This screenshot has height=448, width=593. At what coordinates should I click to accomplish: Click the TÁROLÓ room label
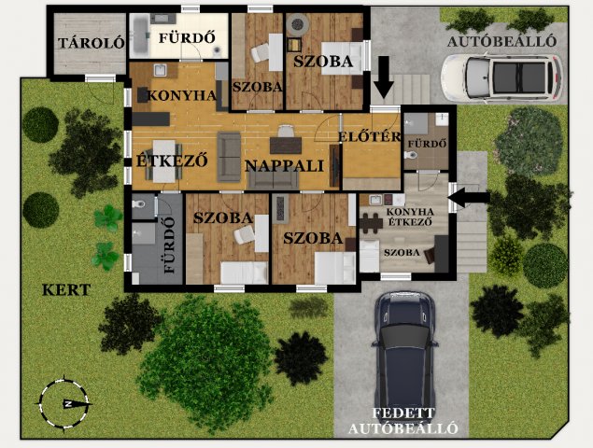click(x=92, y=43)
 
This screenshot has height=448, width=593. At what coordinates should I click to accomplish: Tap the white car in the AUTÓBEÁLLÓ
click(x=502, y=78)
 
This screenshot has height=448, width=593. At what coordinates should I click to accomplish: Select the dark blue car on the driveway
click(x=405, y=353)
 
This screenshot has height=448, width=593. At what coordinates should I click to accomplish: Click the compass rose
click(x=64, y=404)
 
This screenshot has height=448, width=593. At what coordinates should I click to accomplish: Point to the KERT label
click(x=66, y=290)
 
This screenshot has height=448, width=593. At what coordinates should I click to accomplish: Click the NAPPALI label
click(x=285, y=166)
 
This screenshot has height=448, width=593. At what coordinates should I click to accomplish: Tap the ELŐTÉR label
click(x=370, y=136)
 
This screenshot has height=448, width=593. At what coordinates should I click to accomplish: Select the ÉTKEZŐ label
click(x=172, y=161)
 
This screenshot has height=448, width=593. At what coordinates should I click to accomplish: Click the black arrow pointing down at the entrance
click(x=384, y=77)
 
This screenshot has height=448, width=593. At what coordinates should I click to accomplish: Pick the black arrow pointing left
click(x=469, y=197)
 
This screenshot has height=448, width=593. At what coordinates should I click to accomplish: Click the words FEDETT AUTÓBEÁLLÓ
click(x=403, y=421)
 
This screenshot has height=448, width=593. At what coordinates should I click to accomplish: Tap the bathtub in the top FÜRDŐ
click(x=140, y=35)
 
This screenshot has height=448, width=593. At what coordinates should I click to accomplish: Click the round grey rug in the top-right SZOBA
click(x=298, y=24)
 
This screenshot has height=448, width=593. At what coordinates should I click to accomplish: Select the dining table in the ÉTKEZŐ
click(x=163, y=161)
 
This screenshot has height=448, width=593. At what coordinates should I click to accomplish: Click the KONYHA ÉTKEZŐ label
click(x=410, y=217)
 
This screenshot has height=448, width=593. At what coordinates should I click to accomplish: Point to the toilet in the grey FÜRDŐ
click(x=138, y=204)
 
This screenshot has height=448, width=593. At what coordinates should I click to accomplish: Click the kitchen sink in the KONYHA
click(x=161, y=70)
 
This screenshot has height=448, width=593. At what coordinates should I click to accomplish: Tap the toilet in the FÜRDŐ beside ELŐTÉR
click(x=411, y=155)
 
